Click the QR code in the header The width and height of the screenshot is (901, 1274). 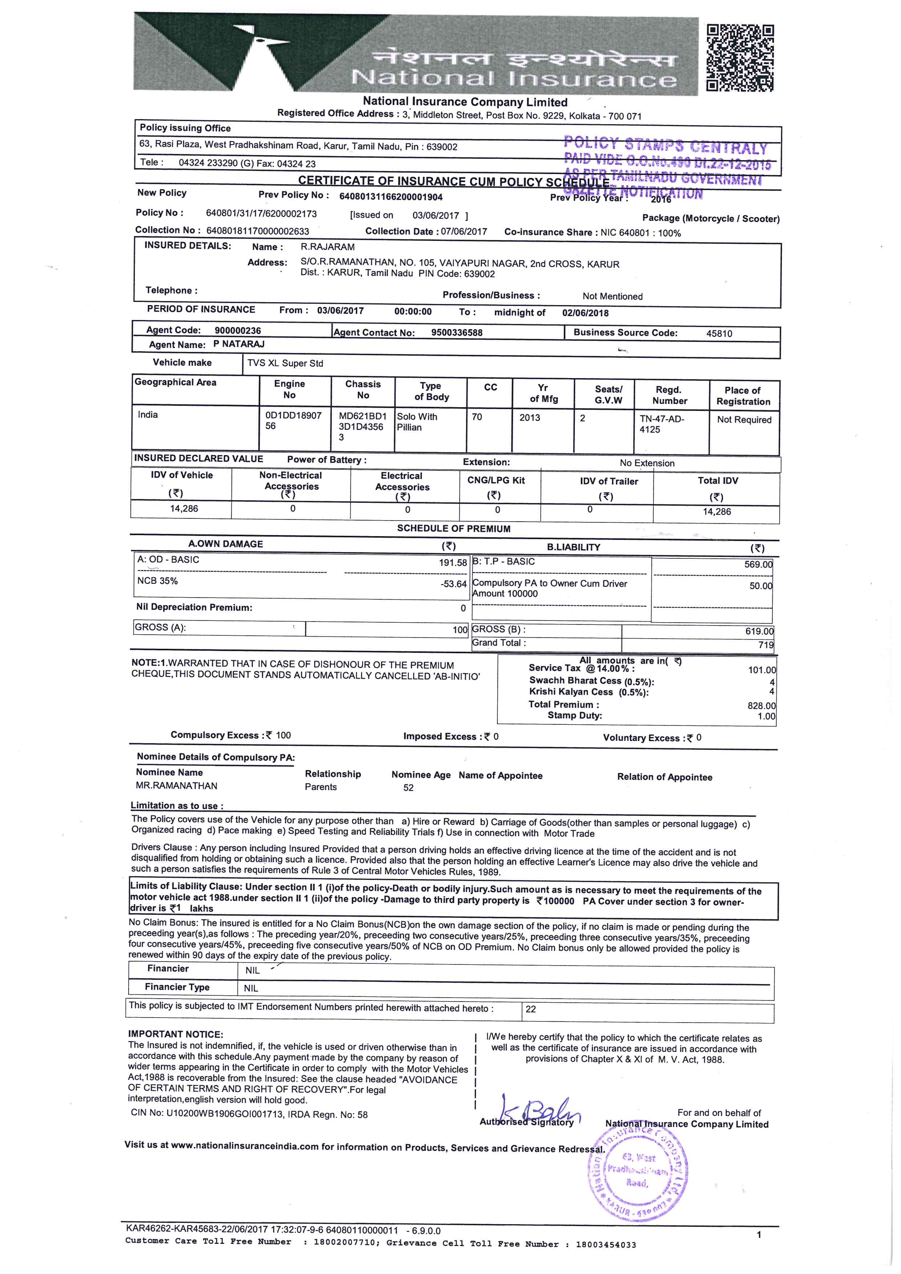point(740,58)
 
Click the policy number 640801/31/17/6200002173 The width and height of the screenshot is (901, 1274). point(261,213)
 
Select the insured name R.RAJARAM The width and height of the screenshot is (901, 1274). point(327,247)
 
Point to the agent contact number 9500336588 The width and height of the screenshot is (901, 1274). point(457,333)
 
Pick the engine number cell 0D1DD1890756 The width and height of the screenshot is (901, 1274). point(294,421)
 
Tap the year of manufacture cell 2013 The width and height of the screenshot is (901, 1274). point(529,417)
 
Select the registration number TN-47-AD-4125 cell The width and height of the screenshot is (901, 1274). point(662,424)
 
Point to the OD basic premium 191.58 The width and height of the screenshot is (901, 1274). point(453,563)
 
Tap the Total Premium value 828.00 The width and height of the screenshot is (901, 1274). point(761,706)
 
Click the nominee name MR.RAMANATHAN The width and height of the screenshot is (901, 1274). point(177,786)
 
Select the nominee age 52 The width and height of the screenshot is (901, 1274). point(408,788)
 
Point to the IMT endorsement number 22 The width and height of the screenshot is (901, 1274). point(530,1009)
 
